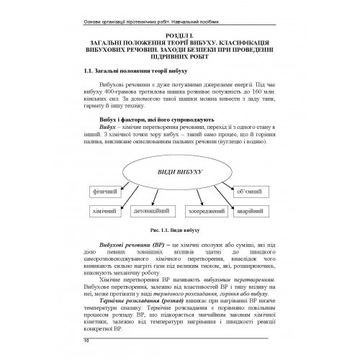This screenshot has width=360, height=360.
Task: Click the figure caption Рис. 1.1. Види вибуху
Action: (x=179, y=233)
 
